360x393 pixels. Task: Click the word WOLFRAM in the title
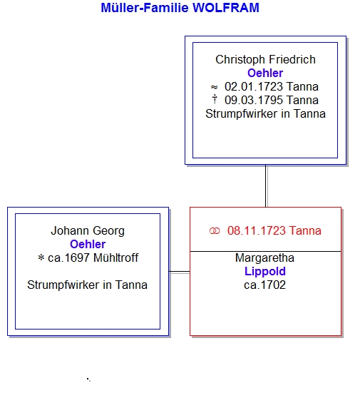[226, 8]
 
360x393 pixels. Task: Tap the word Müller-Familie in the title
[145, 8]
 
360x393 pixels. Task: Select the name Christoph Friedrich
[265, 60]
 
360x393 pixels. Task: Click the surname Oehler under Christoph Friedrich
[265, 73]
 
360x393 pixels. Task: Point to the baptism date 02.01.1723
[254, 87]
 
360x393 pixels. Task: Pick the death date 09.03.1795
[254, 101]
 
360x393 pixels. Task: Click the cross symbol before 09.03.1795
[215, 99]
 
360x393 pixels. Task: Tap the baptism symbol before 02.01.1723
[214, 87]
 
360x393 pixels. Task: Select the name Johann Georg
[88, 231]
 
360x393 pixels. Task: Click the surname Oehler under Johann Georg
[88, 245]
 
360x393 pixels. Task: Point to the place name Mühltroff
[115, 258]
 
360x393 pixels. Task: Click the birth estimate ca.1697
[68, 258]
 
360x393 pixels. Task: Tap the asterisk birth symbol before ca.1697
[41, 257]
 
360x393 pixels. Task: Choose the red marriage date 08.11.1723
[257, 231]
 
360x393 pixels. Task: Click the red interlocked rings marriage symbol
[215, 231]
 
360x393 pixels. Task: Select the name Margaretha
[264, 258]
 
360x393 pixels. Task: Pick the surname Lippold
[265, 272]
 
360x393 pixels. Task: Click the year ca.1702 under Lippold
[264, 285]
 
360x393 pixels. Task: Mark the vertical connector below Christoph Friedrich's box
[266, 186]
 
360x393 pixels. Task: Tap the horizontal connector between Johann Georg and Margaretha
[180, 272]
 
